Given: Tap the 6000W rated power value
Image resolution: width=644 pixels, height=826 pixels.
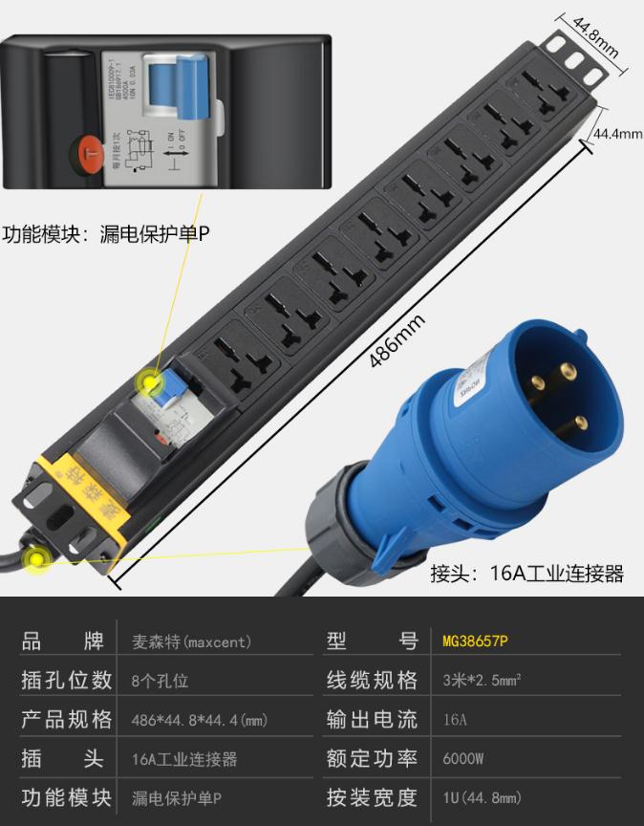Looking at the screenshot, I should tap(463, 759).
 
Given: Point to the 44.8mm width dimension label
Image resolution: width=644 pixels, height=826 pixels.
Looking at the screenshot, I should tap(595, 39).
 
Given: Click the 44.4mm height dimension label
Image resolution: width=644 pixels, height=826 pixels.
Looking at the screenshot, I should tap(617, 134).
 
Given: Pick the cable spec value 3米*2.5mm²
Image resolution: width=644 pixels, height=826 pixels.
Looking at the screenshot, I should tap(482, 681).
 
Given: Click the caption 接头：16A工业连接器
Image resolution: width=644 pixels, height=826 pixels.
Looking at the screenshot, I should tap(526, 574).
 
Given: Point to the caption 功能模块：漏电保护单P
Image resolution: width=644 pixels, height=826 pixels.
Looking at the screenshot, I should tap(106, 233).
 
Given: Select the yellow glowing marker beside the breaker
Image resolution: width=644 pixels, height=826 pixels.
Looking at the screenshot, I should tap(149, 384).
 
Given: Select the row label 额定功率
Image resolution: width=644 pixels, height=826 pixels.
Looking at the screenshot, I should tap(372, 759).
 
